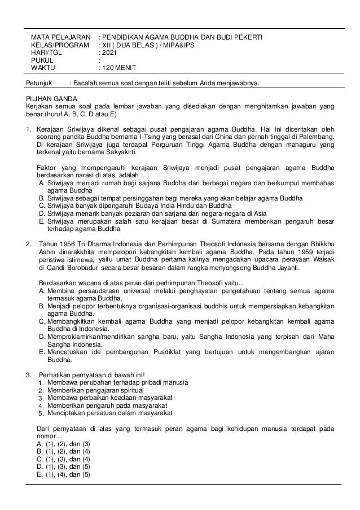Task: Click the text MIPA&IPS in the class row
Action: click(179, 46)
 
